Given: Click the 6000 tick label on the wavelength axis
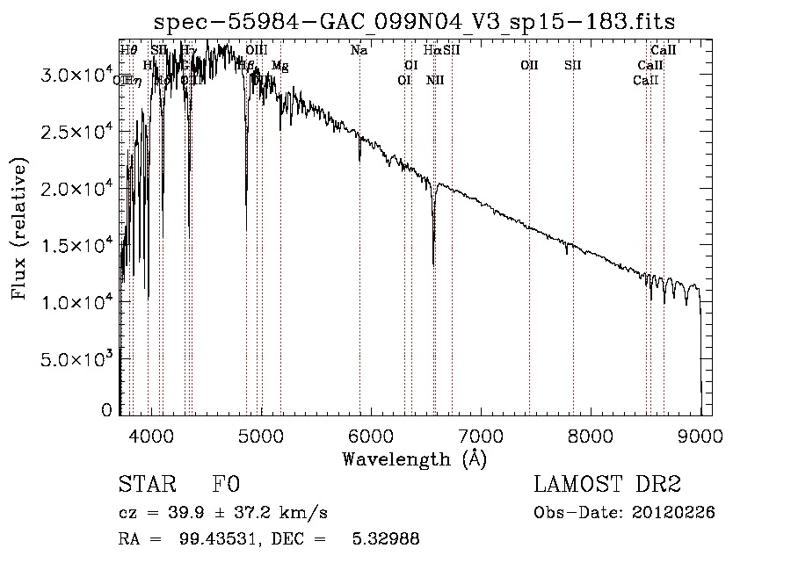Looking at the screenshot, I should click(x=371, y=435).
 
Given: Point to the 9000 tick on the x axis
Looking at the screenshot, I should click(x=700, y=435).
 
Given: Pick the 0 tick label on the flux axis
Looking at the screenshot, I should click(x=106, y=409).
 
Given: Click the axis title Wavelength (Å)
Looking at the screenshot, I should click(x=414, y=458).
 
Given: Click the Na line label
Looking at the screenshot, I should click(x=359, y=50).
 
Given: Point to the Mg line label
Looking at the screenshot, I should click(x=279, y=66).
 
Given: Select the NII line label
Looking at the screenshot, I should click(x=435, y=81).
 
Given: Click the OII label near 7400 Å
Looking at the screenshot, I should click(x=528, y=65).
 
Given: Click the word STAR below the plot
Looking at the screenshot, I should click(x=146, y=486).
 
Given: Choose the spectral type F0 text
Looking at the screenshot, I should click(x=226, y=486).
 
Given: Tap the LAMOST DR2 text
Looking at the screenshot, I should click(x=607, y=486).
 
